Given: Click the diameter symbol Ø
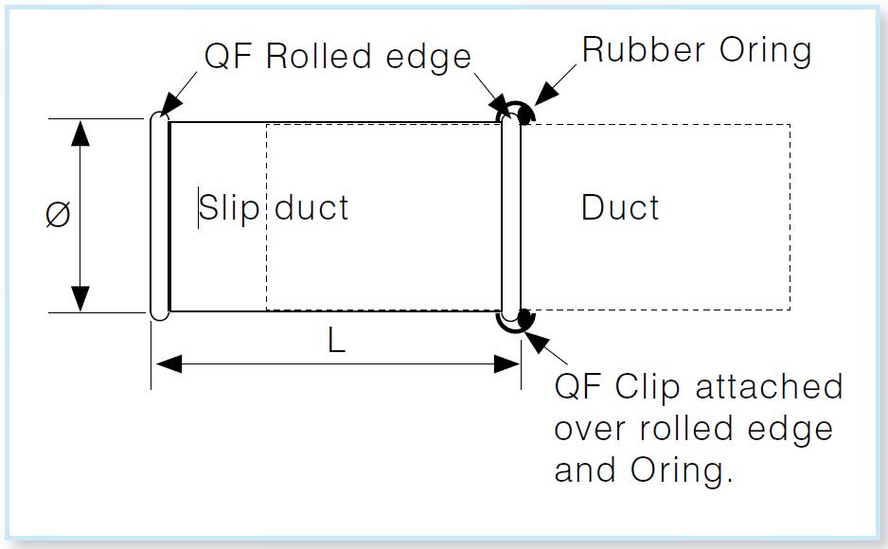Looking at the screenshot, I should pyautogui.click(x=58, y=216).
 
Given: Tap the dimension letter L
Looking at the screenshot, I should pyautogui.click(x=336, y=342).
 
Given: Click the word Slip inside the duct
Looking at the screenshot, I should pyautogui.click(x=228, y=207).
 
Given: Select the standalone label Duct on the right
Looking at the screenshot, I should pyautogui.click(x=620, y=207).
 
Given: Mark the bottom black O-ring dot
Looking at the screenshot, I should pyautogui.click(x=524, y=319).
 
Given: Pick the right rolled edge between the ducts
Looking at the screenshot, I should pyautogui.click(x=511, y=216).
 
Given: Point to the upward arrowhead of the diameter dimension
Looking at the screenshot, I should pyautogui.click(x=81, y=133).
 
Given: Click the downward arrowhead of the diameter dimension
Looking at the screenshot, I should pyautogui.click(x=81, y=299).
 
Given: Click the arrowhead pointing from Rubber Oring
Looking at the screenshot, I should pyautogui.click(x=543, y=96).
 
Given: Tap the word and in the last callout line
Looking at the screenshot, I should pyautogui.click(x=582, y=470).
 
